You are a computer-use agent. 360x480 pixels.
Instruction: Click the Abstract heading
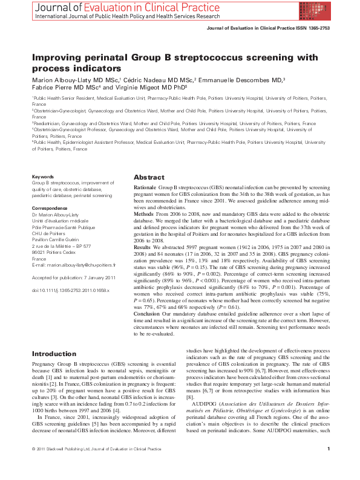pos(148,177)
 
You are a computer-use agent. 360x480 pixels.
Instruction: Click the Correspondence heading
pos(50,207)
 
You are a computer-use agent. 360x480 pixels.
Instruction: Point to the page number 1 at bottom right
pos(327,465)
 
